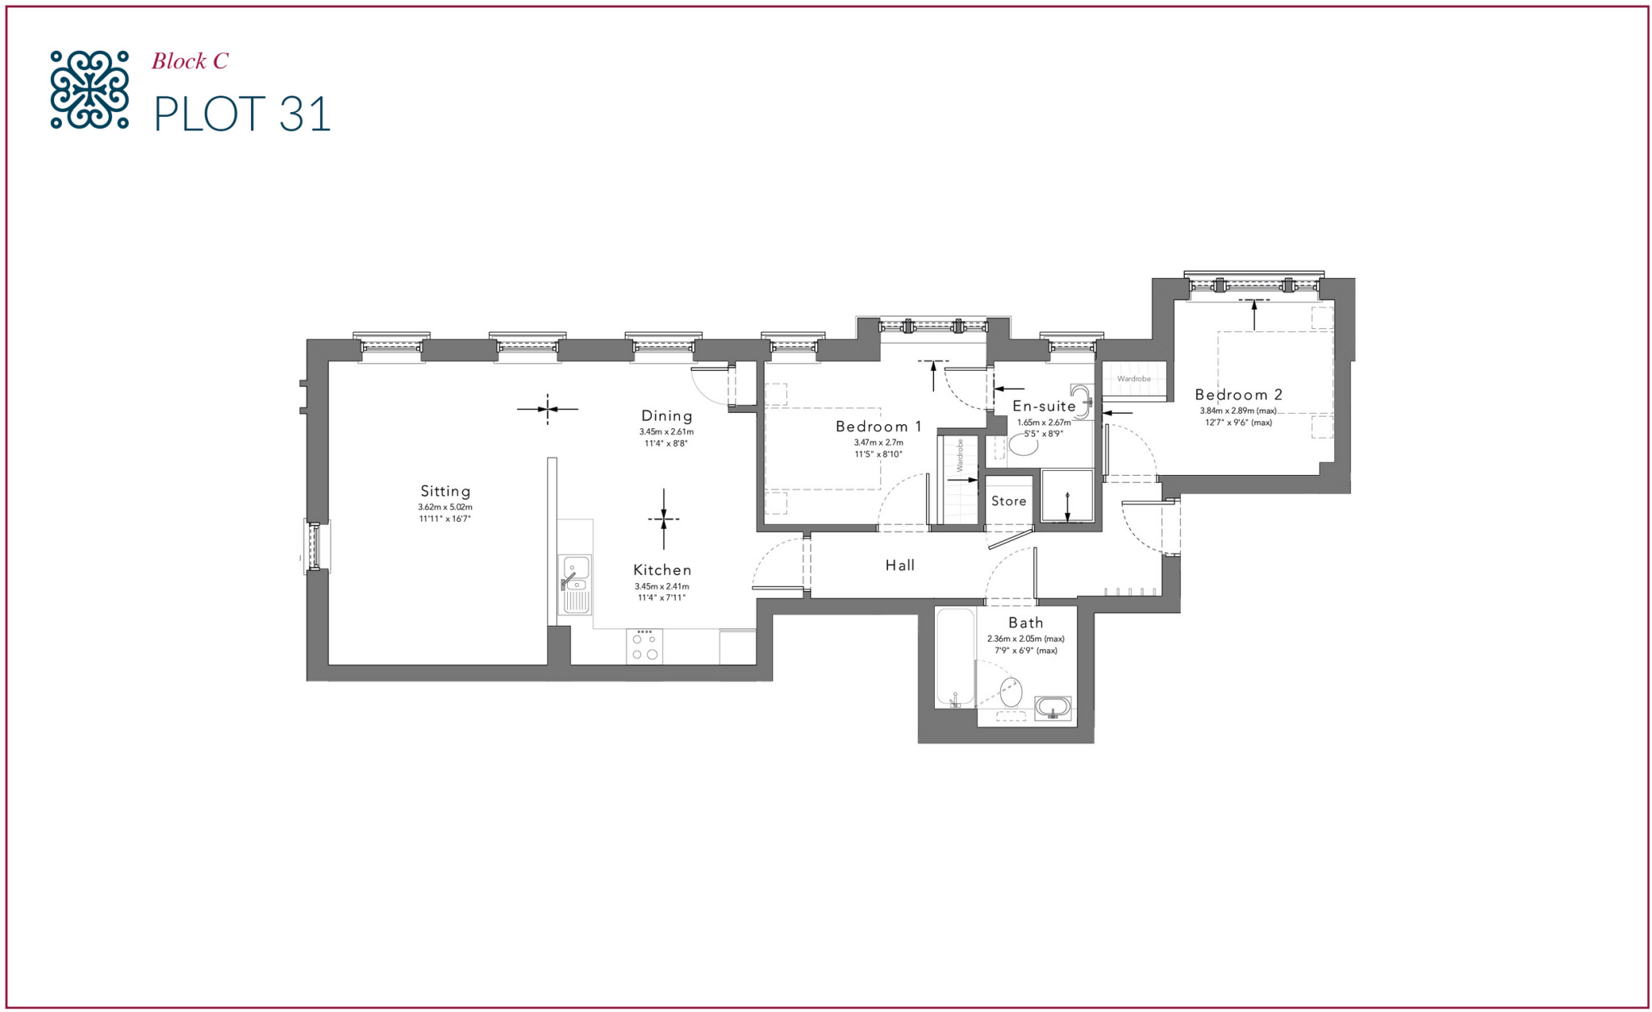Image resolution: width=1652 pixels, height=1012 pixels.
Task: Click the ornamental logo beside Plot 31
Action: [89, 90]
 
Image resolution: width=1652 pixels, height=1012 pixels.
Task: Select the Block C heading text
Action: [190, 61]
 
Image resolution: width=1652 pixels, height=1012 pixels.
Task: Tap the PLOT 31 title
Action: [242, 114]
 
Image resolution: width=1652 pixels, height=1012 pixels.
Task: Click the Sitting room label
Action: [445, 491]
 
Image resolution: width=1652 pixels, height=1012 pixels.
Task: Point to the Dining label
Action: [666, 416]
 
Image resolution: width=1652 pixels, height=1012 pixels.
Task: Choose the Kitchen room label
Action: [662, 570]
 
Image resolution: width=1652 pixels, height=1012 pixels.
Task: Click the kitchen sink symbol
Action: [575, 583]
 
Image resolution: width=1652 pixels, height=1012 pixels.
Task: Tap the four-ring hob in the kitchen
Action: [645, 647]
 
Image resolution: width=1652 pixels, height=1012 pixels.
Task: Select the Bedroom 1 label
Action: [878, 427]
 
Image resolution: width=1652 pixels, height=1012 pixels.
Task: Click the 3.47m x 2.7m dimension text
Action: [878, 443]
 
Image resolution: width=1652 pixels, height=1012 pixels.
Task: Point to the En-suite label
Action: [1044, 406]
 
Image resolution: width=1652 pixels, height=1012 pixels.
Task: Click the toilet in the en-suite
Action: [1023, 444]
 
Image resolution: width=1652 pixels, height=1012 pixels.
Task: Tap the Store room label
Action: [1008, 502]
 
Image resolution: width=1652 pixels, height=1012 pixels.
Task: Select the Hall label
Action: [900, 565]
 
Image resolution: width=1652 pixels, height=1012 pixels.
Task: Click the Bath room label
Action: [1025, 623]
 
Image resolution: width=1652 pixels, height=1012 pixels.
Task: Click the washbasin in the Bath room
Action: [1053, 708]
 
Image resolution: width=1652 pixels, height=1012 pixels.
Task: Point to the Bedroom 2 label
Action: [1238, 395]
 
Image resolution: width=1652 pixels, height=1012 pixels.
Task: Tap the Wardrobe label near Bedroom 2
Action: [1133, 379]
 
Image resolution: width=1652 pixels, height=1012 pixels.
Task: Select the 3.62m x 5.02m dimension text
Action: [445, 507]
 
